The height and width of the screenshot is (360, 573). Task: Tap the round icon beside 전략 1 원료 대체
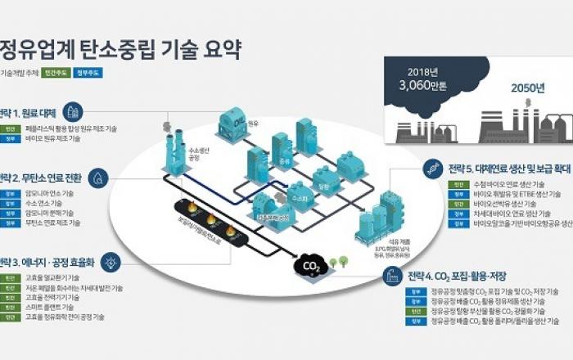[73, 111]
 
